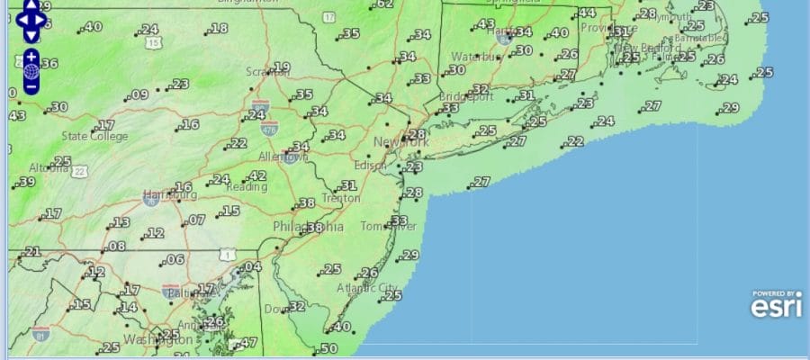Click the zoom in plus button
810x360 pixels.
[31, 57]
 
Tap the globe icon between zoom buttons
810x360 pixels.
[31, 71]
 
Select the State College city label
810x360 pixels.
[94, 137]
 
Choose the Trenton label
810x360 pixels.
[340, 198]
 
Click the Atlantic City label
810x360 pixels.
[366, 288]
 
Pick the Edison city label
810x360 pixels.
[370, 166]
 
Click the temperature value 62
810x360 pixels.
[384, 4]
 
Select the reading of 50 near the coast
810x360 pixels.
[328, 348]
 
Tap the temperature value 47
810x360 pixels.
[248, 342]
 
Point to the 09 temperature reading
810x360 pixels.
[139, 94]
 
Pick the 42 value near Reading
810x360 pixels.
[258, 175]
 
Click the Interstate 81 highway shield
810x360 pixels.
[39, 335]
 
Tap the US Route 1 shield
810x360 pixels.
[229, 256]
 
